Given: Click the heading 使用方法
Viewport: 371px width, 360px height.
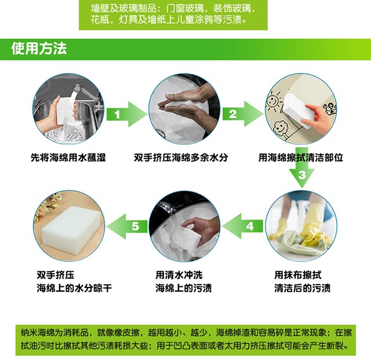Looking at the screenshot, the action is tap(39, 49).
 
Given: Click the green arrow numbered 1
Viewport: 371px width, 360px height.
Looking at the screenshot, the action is tap(126, 114).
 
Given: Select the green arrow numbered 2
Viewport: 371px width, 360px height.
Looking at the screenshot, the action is tap(242, 114).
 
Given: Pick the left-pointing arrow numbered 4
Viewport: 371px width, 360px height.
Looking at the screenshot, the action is tap(243, 226).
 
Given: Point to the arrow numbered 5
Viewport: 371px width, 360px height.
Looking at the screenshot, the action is tap(127, 226).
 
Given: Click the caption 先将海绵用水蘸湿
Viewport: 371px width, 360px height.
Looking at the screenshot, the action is tap(68, 158).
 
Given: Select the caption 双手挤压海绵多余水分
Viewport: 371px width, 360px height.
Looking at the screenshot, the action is tap(181, 158).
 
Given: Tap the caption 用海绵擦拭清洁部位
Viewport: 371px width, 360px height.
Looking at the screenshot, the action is tap(300, 158).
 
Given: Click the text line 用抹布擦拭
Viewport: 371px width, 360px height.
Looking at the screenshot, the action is tap(297, 275).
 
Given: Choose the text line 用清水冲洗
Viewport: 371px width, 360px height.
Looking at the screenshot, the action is tap(179, 275).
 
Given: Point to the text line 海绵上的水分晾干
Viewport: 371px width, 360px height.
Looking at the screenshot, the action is tap(74, 288).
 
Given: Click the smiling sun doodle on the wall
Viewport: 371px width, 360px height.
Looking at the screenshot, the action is tap(274, 101).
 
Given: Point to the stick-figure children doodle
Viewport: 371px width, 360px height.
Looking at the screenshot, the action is tap(330, 108).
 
